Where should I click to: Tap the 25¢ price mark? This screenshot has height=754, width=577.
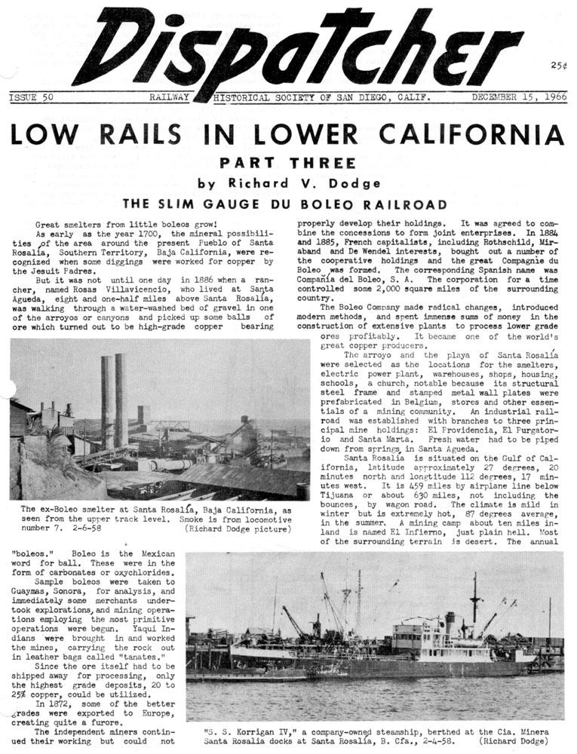pyautogui.click(x=558, y=66)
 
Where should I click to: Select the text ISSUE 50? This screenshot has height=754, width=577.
pyautogui.click(x=31, y=98)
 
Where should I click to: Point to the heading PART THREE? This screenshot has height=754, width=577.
pyautogui.click(x=288, y=163)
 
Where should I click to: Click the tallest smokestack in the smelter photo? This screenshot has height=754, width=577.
pyautogui.click(x=121, y=400)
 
